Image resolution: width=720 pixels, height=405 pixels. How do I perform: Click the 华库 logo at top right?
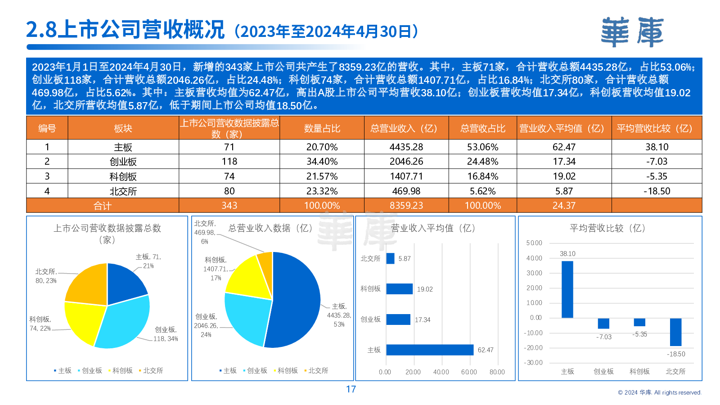click(x=632, y=32)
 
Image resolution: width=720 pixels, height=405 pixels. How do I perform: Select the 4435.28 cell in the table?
click(x=406, y=147)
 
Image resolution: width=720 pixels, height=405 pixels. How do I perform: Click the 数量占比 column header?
click(x=322, y=128)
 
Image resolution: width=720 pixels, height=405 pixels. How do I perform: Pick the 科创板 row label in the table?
click(x=123, y=176)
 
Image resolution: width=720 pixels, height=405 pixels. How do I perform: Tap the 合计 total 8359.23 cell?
click(x=406, y=206)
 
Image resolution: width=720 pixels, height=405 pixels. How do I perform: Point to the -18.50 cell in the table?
click(x=657, y=191)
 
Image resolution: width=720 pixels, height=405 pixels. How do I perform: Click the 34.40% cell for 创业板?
click(x=322, y=162)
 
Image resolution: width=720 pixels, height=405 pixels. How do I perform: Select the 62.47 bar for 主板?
click(x=430, y=350)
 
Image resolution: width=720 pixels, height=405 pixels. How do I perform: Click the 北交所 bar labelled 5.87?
click(x=390, y=258)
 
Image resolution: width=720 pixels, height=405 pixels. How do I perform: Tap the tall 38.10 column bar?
click(x=567, y=289)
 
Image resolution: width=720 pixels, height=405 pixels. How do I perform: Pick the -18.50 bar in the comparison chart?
click(x=675, y=332)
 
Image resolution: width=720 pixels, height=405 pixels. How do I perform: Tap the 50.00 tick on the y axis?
click(x=534, y=243)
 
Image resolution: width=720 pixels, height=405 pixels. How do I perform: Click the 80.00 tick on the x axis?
click(x=497, y=372)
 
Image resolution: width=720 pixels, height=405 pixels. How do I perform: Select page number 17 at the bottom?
click(x=351, y=389)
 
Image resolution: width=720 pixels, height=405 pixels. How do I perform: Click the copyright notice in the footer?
click(x=659, y=392)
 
